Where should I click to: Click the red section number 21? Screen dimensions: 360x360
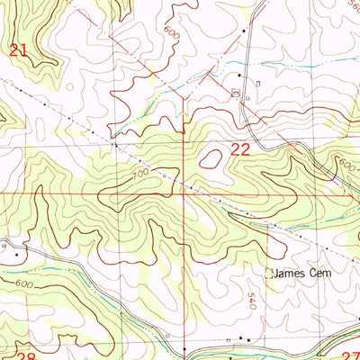[x=19, y=52]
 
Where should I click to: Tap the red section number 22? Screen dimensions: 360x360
[x=238, y=151]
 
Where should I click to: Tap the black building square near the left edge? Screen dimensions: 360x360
[x=15, y=254]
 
